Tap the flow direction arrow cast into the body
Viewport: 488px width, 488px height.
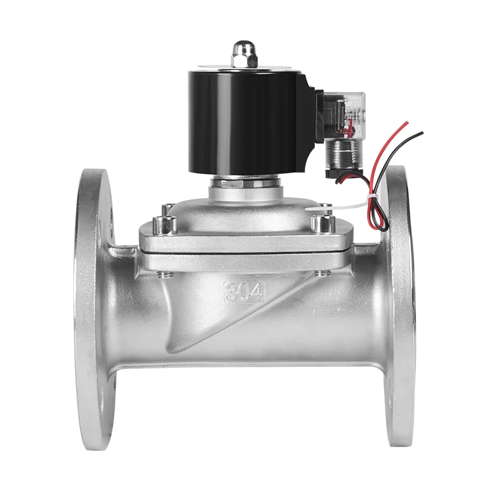(331, 314)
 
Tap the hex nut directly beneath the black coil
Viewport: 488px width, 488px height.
(245, 181)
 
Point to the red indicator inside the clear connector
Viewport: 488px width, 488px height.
(350, 125)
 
